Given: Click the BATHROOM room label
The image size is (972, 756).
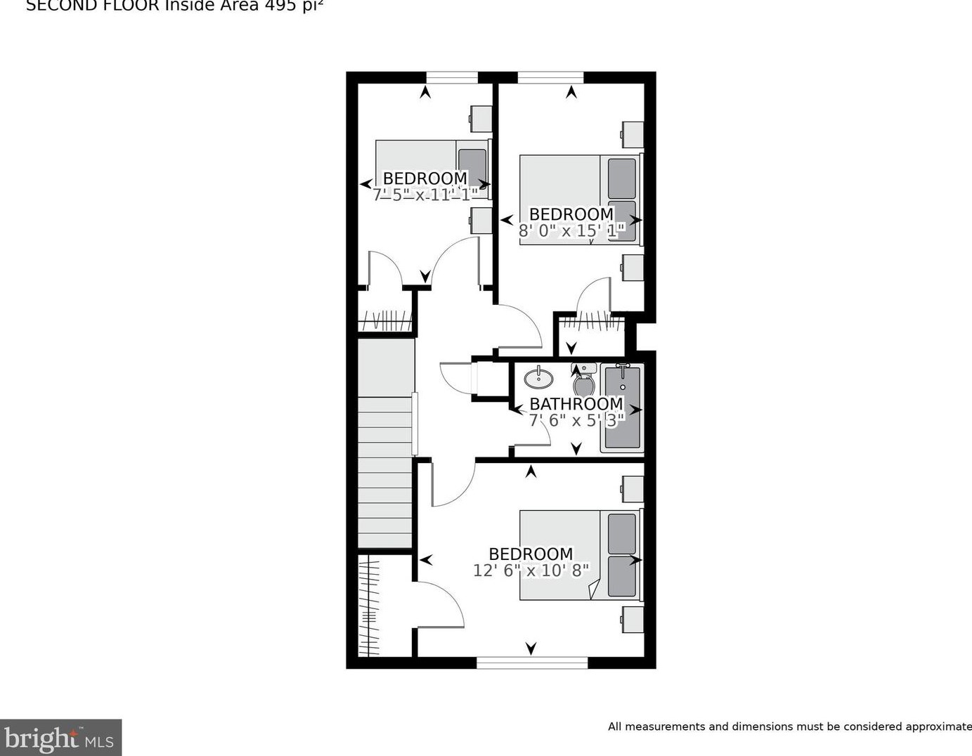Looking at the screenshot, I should click(x=576, y=404).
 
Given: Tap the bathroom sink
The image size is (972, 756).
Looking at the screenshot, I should click(x=538, y=378).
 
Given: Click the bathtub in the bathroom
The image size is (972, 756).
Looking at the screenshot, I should click(x=623, y=408).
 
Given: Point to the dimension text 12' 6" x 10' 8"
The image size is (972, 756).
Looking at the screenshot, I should click(x=531, y=570).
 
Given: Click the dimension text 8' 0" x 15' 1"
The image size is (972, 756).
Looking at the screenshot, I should click(x=571, y=230).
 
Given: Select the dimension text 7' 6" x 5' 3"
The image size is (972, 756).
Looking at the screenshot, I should click(x=576, y=420).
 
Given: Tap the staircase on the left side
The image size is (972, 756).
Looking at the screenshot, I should click(x=385, y=471).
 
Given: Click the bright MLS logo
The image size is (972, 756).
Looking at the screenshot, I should click(x=60, y=738).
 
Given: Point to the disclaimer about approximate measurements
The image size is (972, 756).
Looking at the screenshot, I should click(x=789, y=726).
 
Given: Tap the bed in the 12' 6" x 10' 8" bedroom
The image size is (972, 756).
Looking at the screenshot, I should click(x=580, y=555).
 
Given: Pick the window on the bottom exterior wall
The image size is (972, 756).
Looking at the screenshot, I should click(x=532, y=662).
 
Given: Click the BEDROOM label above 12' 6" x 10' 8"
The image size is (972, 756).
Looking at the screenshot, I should click(x=531, y=554).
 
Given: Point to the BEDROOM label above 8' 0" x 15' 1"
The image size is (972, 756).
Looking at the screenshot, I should click(x=571, y=214).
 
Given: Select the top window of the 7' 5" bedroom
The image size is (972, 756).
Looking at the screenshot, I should click(x=452, y=77).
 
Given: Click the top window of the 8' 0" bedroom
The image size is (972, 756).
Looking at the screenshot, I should click(x=550, y=77).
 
